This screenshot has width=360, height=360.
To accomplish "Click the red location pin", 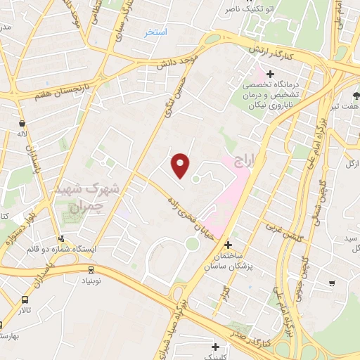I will point(181,166).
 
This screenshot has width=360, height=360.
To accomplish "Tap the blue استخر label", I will point(155,32).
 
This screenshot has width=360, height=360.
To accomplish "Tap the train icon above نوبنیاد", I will point(91,269).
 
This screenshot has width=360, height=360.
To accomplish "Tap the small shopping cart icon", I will point(331,283).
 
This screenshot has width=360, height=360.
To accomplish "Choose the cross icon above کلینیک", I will point(214,346).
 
